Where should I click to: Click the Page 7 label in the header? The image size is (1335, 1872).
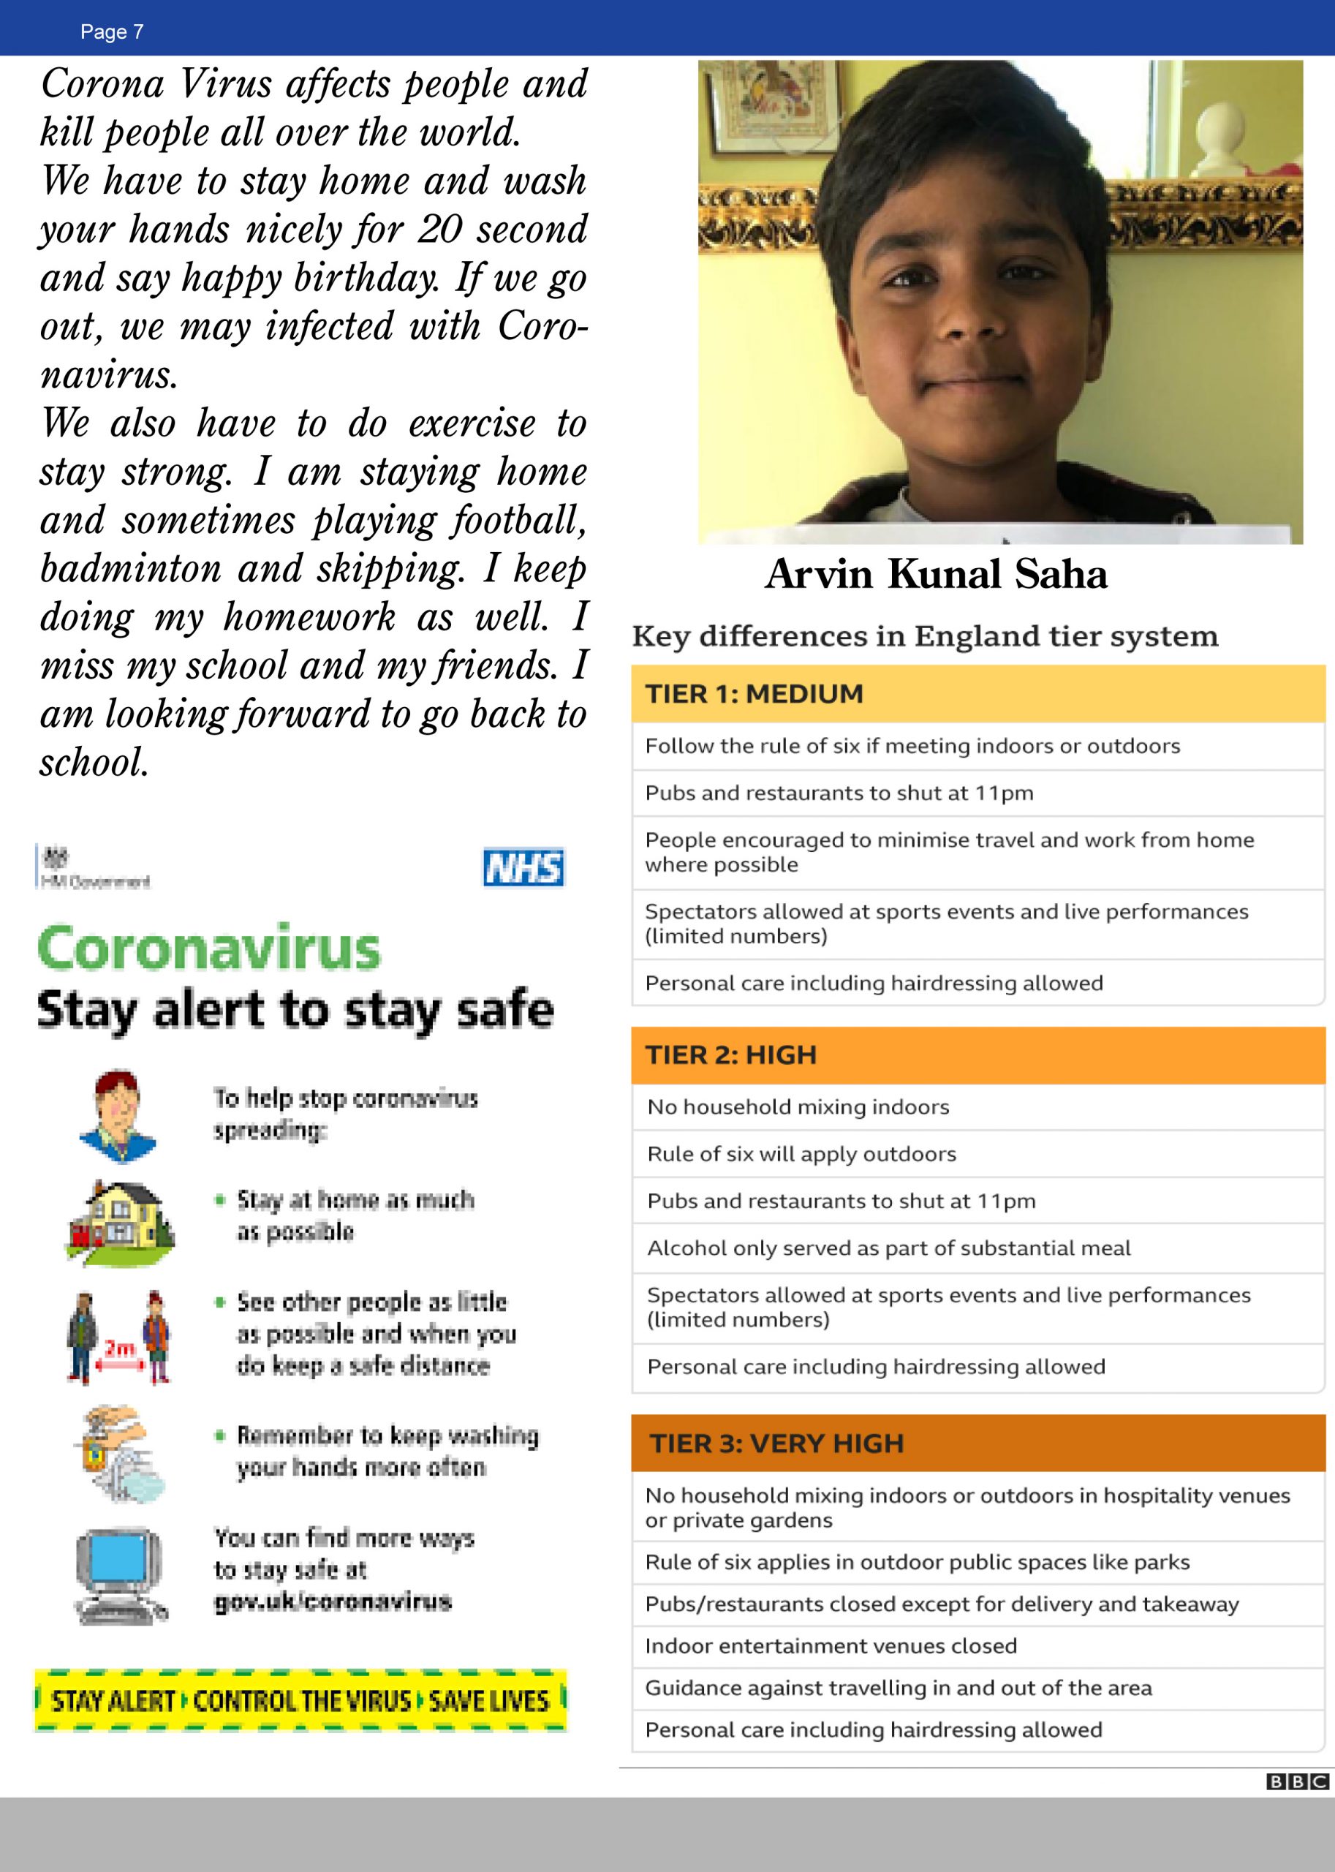click(x=112, y=32)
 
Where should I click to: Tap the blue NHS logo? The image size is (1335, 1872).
click(x=523, y=867)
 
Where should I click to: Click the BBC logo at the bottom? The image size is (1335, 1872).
click(x=1296, y=1781)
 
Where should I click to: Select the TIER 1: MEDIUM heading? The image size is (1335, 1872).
click(x=754, y=694)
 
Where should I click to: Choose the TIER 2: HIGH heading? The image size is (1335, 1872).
click(x=731, y=1054)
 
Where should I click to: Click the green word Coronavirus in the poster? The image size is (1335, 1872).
click(x=209, y=948)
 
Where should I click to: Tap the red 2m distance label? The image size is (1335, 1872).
click(x=119, y=1348)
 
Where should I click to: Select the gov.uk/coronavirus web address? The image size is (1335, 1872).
click(x=333, y=1601)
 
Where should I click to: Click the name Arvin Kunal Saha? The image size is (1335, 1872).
click(x=936, y=574)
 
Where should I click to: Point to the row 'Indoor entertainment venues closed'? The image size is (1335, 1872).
click(x=831, y=1646)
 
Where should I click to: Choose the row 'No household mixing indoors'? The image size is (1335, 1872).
click(x=798, y=1106)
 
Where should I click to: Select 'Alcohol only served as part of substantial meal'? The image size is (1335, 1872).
click(x=888, y=1248)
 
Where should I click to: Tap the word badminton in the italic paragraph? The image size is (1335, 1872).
click(x=130, y=569)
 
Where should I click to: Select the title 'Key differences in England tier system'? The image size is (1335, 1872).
click(x=925, y=636)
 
